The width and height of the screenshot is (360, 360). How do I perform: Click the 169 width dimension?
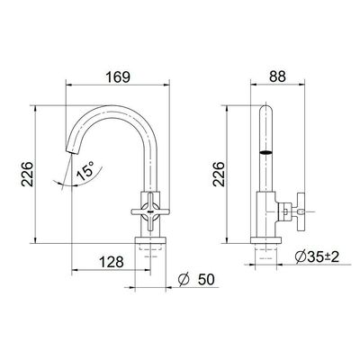pyautogui.click(x=118, y=77)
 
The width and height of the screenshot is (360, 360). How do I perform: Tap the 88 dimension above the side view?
pyautogui.click(x=277, y=76)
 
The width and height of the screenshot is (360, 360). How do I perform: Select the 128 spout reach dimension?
pyautogui.click(x=112, y=262)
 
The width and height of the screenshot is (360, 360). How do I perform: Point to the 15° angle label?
pyautogui.click(x=85, y=171)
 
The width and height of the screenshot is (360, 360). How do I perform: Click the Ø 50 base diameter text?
pyautogui.click(x=196, y=280)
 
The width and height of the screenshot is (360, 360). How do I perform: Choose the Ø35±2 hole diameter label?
pyautogui.click(x=317, y=256)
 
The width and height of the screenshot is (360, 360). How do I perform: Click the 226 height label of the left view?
pyautogui.click(x=27, y=175)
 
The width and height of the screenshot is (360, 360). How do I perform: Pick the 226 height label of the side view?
pyautogui.click(x=219, y=175)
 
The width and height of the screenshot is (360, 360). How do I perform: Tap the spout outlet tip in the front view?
pyautogui.click(x=71, y=150)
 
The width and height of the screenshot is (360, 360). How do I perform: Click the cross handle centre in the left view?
pyautogui.click(x=150, y=211)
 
